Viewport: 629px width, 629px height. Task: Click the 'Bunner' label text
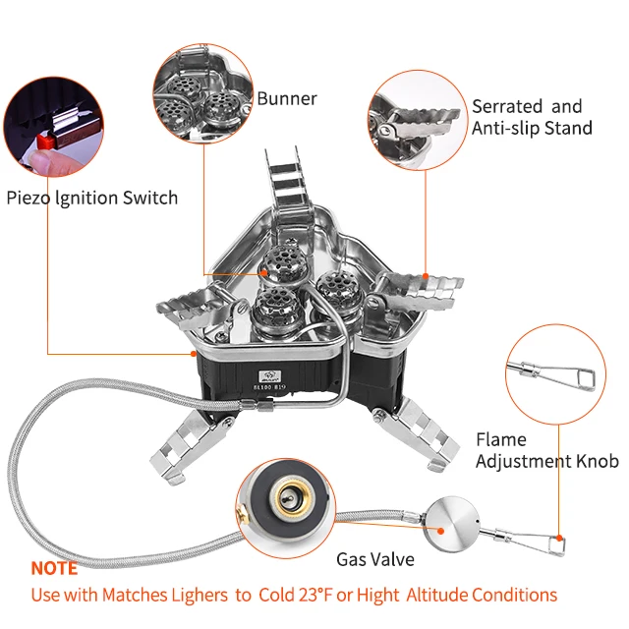coord(287,98)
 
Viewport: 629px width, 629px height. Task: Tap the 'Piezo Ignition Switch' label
coord(91,198)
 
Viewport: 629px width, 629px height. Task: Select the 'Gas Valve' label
coord(375,559)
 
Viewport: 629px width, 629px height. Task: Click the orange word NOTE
coord(53,569)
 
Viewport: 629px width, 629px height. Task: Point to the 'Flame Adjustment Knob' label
coord(546,450)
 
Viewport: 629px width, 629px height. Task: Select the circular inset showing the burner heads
coord(202,93)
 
